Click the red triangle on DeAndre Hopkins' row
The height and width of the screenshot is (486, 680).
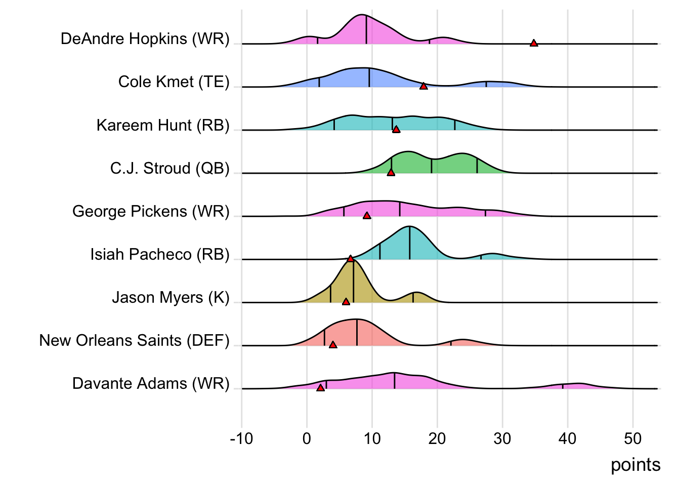(534, 44)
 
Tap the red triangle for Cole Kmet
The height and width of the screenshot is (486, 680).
(423, 87)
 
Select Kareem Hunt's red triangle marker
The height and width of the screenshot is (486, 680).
(396, 130)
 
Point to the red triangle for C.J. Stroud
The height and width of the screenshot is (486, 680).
(391, 173)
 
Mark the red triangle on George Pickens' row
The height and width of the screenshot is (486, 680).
(367, 216)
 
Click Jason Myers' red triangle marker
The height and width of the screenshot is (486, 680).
(346, 302)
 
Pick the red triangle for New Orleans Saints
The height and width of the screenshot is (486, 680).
(333, 345)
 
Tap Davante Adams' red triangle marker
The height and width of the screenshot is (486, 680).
(320, 388)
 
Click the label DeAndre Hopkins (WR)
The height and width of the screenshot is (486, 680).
(145, 39)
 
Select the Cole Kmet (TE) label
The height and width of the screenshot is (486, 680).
(174, 82)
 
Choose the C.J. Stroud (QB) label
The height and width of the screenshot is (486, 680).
(169, 168)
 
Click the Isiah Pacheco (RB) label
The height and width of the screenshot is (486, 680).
(159, 254)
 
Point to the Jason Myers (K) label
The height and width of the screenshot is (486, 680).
(171, 297)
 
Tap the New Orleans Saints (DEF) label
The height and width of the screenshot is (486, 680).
(134, 340)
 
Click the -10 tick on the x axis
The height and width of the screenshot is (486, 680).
(241, 438)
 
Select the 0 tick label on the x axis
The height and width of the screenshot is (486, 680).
(307, 438)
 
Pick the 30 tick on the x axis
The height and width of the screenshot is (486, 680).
(502, 438)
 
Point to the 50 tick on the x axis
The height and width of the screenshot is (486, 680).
(633, 438)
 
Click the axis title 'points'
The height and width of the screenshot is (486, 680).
(635, 465)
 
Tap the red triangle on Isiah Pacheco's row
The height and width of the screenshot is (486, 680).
(350, 259)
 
